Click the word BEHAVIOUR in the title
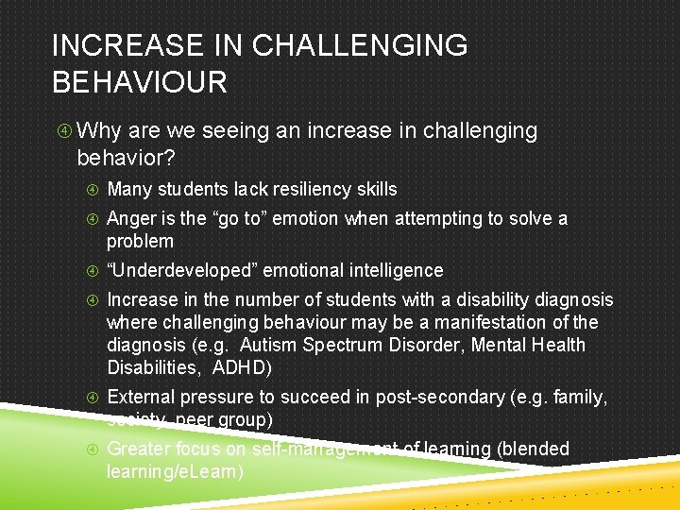140,81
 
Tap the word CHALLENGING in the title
363,45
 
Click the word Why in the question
99,131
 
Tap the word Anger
131,218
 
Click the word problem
141,241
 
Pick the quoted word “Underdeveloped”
181,271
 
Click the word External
141,397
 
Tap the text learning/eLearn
175,471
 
